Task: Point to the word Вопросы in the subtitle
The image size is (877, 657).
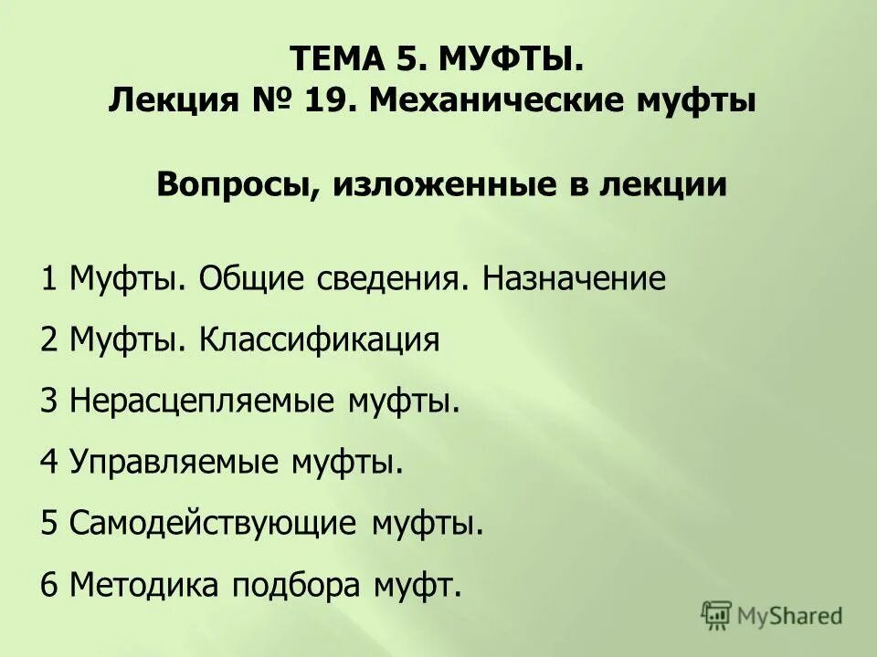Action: click(232, 185)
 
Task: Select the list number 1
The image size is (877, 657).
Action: click(48, 278)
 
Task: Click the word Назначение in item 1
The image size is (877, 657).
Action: click(575, 278)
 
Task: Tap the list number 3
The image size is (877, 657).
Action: click(49, 401)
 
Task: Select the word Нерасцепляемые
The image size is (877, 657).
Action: click(201, 401)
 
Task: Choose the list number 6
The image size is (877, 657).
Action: click(49, 585)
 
